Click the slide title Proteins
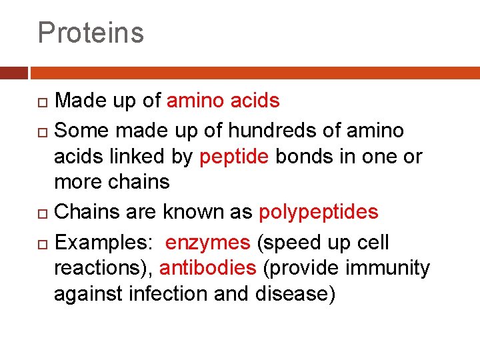click(91, 32)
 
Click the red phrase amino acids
click(223, 101)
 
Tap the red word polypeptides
click(318, 212)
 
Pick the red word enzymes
click(208, 243)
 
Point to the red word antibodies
click(208, 268)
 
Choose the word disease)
click(295, 293)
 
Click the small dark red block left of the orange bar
click(13, 73)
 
